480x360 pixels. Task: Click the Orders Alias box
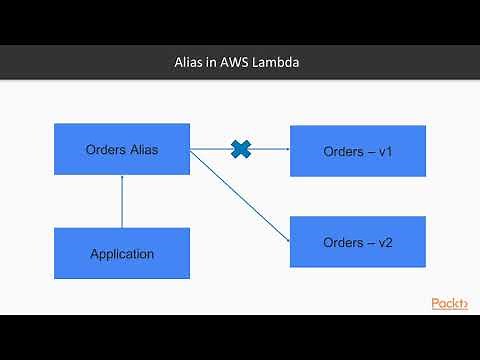122,150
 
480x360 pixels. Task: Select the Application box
122,253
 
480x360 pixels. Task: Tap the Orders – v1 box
357,151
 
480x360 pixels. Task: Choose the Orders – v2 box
357,241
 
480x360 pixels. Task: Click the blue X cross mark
241,150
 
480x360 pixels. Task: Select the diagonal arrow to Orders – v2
240,195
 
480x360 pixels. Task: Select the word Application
122,254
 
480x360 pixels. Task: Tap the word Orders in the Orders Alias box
103,150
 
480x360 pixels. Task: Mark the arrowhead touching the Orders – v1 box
286,150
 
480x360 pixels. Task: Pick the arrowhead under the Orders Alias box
122,179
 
